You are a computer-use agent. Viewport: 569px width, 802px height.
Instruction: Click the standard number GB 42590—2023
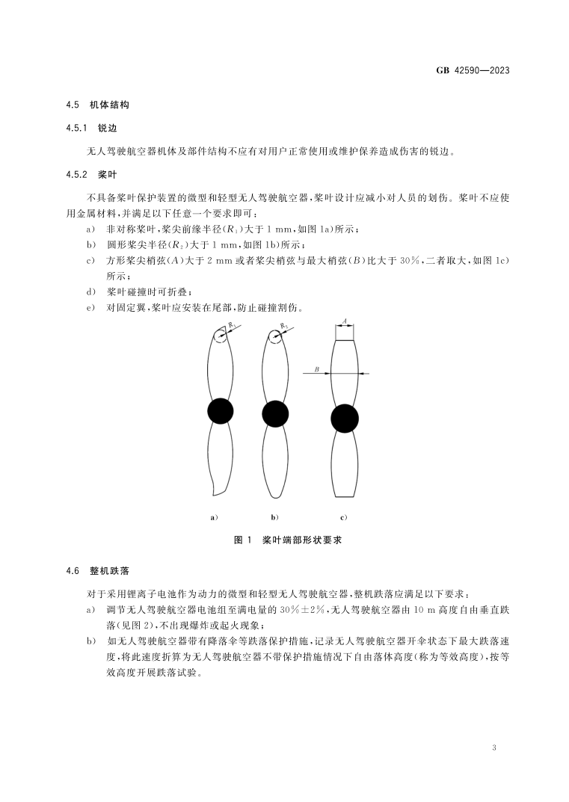[x=472, y=71]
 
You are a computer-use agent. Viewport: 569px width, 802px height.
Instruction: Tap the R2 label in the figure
[x=284, y=326]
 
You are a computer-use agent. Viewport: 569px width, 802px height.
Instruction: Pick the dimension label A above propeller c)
[x=343, y=320]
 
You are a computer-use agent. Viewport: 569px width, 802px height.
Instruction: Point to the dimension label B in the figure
[x=317, y=368]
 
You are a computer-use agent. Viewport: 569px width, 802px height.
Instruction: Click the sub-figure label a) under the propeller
[x=214, y=516]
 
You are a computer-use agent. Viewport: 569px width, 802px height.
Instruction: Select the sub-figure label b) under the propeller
[x=274, y=516]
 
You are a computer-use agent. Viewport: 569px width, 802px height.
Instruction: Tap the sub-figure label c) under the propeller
[x=344, y=516]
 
